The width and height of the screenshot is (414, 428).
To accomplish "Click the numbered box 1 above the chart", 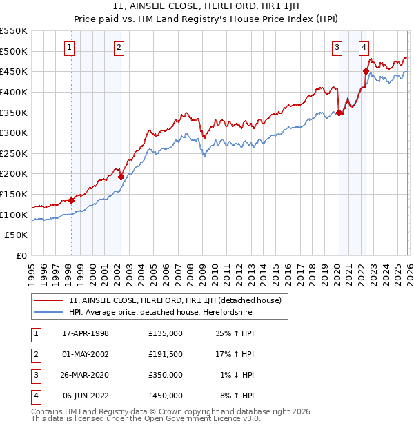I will [x=70, y=48].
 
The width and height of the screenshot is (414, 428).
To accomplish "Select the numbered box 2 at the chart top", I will [x=119, y=48].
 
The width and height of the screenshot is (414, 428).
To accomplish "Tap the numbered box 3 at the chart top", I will [x=337, y=48].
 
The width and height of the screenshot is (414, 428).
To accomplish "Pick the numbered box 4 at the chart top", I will [x=363, y=48].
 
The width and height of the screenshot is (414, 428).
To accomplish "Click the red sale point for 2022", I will [x=366, y=70].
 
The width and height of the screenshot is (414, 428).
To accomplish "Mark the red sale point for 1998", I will [x=71, y=200].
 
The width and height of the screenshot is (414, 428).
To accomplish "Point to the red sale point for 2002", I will [x=121, y=177].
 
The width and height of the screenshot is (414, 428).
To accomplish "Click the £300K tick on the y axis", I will [x=14, y=133].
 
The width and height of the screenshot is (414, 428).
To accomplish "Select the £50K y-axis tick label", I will [x=17, y=235].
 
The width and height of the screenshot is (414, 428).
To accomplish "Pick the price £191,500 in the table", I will [x=165, y=354].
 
